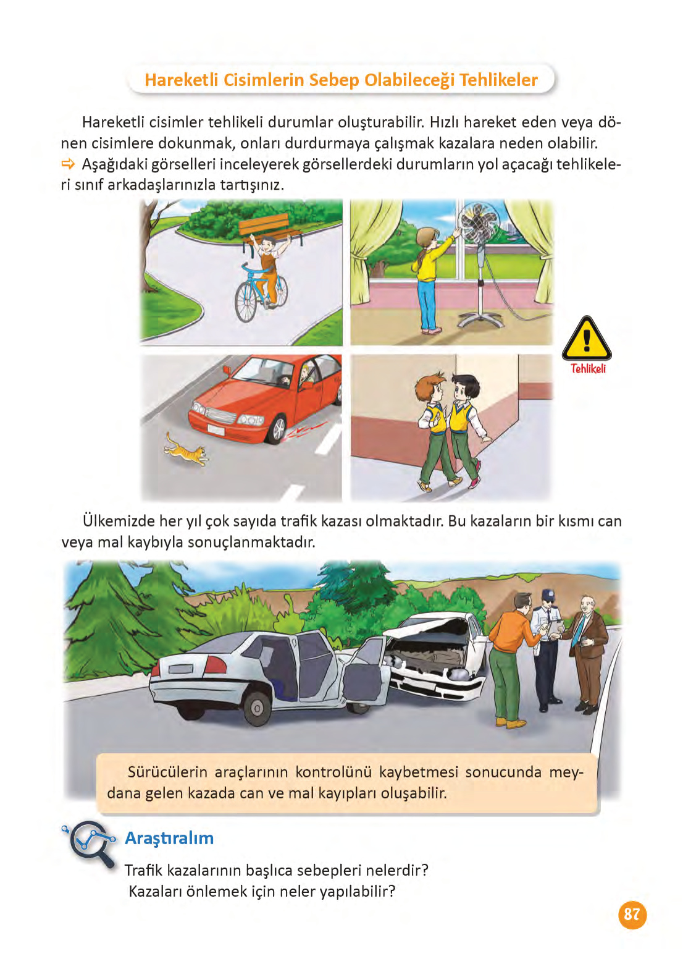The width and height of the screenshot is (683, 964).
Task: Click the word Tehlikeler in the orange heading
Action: pyautogui.click(x=498, y=80)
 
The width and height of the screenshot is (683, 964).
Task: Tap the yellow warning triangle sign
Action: pyautogui.click(x=586, y=339)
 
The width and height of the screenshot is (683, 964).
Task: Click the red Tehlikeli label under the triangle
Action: pyautogui.click(x=587, y=369)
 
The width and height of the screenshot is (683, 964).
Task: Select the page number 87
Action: pyautogui.click(x=632, y=915)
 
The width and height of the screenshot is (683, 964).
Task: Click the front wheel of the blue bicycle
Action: pyautogui.click(x=245, y=302)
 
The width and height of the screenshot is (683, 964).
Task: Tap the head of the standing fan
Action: pyautogui.click(x=478, y=222)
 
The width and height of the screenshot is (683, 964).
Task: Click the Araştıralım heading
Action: pyautogui.click(x=169, y=839)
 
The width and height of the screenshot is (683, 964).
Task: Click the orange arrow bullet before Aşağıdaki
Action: pyautogui.click(x=68, y=164)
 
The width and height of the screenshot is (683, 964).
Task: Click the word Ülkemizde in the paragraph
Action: pyautogui.click(x=119, y=522)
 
